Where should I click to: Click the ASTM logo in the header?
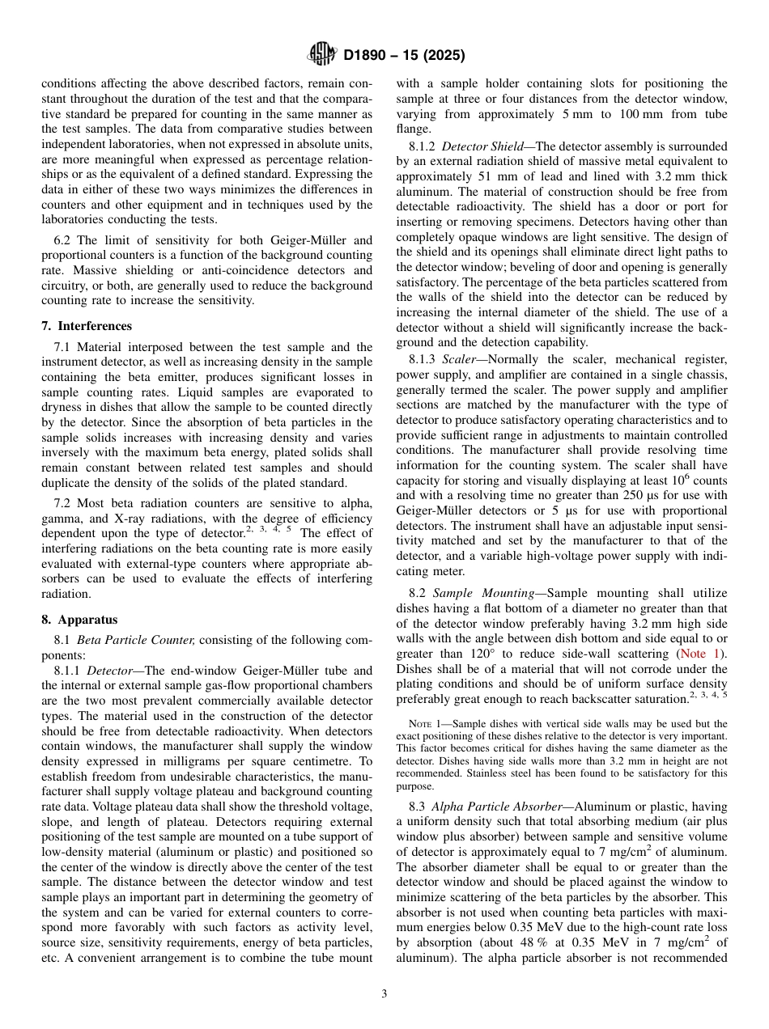coord(322,55)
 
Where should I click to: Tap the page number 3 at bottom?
coord(384,994)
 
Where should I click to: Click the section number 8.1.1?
coord(68,671)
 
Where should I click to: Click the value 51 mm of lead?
coord(488,176)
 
